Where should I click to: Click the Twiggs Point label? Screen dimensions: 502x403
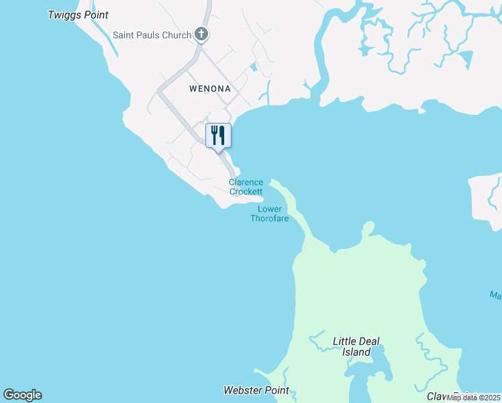pos(78,15)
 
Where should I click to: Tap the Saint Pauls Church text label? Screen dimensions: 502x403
pos(152,35)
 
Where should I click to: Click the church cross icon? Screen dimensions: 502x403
pos(201,34)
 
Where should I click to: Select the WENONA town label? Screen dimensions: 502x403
pos(209,89)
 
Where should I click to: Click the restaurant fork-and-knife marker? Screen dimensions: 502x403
pos(218,135)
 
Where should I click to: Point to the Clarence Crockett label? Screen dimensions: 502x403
pos(246,187)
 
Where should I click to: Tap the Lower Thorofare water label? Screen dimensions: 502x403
pos(270,214)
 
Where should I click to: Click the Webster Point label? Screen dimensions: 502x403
pos(256,390)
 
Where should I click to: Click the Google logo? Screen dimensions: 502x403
pos(22,395)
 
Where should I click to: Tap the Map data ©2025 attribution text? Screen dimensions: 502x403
pos(474,398)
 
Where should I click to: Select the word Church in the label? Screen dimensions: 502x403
pos(177,35)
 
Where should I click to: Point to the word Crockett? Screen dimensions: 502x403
pos(246,191)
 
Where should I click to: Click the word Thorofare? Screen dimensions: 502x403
pos(270,218)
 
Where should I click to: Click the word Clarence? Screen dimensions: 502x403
pos(246,182)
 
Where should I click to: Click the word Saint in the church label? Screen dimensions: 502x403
pos(125,35)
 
